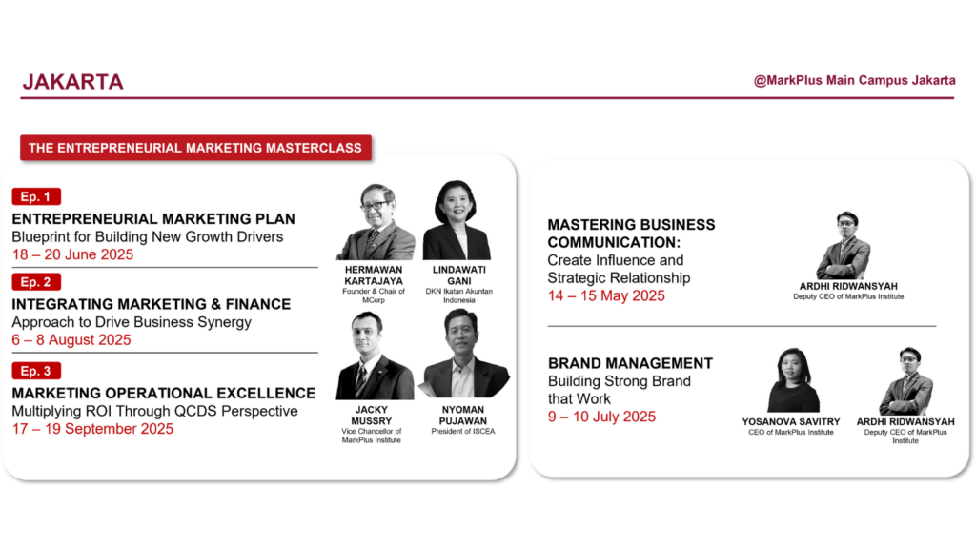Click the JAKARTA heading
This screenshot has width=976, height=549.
pyautogui.click(x=72, y=82)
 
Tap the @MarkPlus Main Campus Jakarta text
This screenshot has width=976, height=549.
pyautogui.click(x=854, y=80)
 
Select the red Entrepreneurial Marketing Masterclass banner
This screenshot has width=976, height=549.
pyautogui.click(x=195, y=148)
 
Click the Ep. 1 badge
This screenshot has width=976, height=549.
pyautogui.click(x=36, y=196)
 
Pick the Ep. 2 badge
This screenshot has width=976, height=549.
pyautogui.click(x=36, y=282)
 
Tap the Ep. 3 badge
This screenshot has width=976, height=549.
pyautogui.click(x=36, y=371)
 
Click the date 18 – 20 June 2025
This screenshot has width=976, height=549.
pyautogui.click(x=72, y=254)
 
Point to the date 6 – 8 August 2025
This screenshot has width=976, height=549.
pyautogui.click(x=71, y=340)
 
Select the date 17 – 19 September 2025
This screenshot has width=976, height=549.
pyautogui.click(x=92, y=429)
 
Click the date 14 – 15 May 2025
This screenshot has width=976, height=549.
pyautogui.click(x=606, y=295)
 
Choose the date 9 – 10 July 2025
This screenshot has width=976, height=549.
pyautogui.click(x=602, y=417)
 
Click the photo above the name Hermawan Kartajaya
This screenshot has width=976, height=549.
pyautogui.click(x=376, y=221)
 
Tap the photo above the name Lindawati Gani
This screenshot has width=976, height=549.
pyautogui.click(x=457, y=220)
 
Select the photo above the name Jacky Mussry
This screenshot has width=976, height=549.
pyautogui.click(x=375, y=356)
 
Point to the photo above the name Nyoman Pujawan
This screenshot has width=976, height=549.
pyautogui.click(x=464, y=353)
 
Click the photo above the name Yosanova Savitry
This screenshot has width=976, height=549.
pyautogui.click(x=793, y=379)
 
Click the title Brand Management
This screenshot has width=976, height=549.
pyautogui.click(x=631, y=363)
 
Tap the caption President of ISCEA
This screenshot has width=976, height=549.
pyautogui.click(x=463, y=432)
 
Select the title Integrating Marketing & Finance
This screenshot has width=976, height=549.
pyautogui.click(x=152, y=304)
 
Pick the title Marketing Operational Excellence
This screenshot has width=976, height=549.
pyautogui.click(x=164, y=394)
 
